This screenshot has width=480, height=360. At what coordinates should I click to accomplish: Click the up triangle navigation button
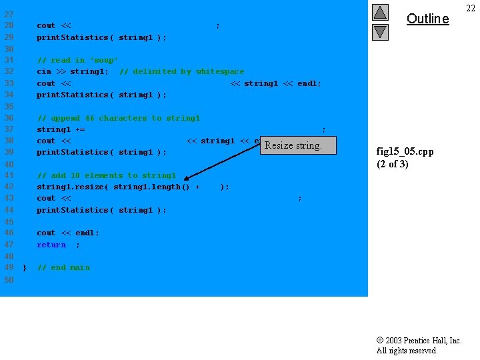380,12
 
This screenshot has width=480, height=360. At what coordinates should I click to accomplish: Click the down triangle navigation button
380,31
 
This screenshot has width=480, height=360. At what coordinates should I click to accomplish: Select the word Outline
427,19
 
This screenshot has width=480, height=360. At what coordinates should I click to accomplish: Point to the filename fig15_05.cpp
405,151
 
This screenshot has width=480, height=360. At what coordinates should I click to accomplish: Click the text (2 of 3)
393,164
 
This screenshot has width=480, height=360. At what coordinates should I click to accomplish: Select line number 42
9,187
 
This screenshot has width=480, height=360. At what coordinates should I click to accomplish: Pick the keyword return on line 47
51,245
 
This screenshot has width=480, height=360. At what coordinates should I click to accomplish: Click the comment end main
63,267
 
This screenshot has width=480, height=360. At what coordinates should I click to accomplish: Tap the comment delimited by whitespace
181,71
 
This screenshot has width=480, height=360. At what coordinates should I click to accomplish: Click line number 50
9,279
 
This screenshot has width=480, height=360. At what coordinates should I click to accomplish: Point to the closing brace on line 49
24,267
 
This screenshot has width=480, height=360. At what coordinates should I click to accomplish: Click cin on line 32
44,71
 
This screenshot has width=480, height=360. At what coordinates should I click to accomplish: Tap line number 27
9,14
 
